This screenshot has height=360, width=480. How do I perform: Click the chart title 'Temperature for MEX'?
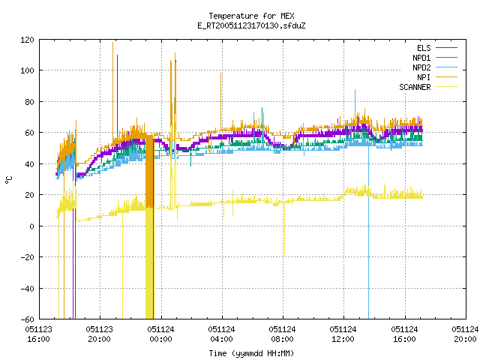(251, 16)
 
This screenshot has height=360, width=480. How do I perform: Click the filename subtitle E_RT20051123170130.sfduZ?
(251, 25)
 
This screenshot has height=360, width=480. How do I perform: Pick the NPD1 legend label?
(421, 58)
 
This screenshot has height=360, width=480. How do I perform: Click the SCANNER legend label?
(415, 87)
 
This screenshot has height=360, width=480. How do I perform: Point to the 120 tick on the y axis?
(27, 40)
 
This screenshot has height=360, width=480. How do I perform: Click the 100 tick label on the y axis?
(27, 70)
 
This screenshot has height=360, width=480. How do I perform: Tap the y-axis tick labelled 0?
(31, 226)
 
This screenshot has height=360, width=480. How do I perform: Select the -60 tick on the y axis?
(27, 319)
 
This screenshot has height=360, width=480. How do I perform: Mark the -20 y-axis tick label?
(27, 257)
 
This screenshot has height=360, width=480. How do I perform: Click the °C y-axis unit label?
(9, 180)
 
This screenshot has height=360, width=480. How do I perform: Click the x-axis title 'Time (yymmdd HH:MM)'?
(251, 353)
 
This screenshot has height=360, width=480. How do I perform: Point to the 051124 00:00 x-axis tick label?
(160, 334)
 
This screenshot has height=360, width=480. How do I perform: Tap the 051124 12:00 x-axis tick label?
(343, 334)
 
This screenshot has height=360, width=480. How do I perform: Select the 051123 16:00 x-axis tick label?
(38, 334)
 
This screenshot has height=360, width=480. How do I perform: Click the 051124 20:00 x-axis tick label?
(465, 334)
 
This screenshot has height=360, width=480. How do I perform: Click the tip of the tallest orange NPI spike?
(112, 42)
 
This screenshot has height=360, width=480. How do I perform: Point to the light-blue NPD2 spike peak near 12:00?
(355, 90)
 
